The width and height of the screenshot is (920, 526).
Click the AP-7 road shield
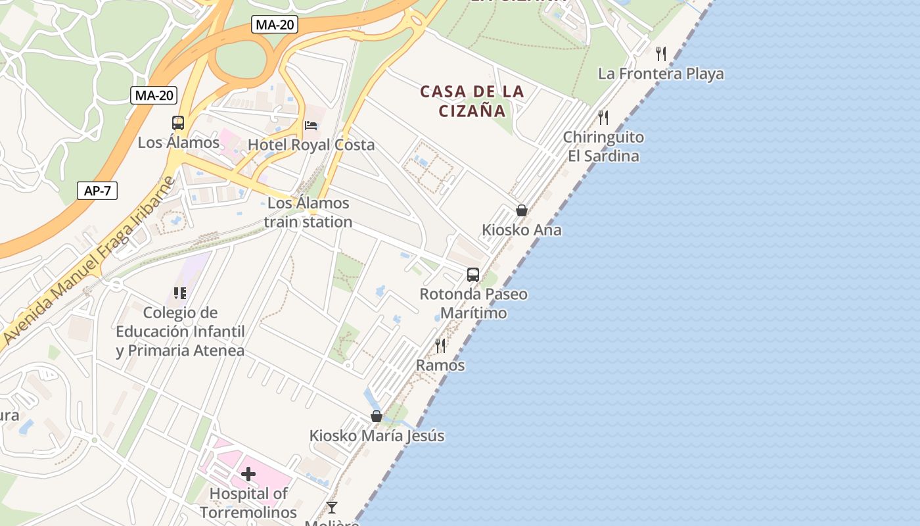[97, 191]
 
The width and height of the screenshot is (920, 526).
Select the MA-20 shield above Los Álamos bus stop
[154, 95]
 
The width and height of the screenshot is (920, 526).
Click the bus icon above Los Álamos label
[178, 123]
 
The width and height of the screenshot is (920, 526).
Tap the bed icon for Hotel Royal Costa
[311, 125]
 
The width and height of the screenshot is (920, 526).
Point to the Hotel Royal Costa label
[311, 145]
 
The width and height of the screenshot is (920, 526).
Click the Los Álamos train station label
[308, 212]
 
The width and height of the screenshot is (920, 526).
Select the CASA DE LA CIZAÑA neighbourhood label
[472, 101]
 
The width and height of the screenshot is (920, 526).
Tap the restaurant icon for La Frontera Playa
[661, 54]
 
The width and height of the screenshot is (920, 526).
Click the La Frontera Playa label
[660, 74]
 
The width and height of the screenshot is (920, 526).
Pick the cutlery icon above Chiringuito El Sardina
[603, 118]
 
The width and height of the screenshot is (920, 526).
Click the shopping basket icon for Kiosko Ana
[522, 210]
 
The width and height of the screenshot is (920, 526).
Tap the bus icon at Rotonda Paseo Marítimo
[473, 275]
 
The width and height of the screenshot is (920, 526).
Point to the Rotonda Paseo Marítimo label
[473, 303]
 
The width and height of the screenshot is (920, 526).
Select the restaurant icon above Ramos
[440, 345]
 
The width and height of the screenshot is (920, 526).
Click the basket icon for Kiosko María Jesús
[377, 416]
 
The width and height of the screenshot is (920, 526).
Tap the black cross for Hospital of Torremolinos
[248, 473]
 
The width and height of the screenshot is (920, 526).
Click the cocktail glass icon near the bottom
[332, 507]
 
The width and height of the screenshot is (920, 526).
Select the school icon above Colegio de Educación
[180, 293]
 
